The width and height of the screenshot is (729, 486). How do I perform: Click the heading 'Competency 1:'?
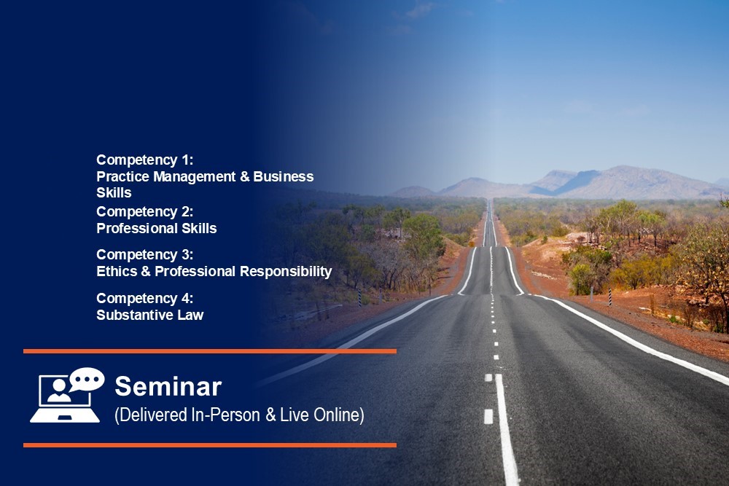144,160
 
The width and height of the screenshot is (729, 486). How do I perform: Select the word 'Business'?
283,176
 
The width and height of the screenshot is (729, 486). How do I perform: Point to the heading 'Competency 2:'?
144,212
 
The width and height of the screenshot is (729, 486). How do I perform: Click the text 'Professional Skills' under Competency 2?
156,228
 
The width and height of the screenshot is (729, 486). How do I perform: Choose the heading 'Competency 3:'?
144,255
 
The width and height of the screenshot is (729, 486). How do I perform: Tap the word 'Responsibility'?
286,272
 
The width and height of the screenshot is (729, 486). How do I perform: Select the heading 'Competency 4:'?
144,298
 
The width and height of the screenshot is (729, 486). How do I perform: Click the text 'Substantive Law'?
149,315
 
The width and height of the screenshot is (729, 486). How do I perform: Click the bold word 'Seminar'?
168,387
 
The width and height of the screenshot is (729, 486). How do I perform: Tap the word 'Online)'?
339,415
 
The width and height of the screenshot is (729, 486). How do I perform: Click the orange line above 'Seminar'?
210,351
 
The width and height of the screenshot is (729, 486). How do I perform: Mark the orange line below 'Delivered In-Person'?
210,445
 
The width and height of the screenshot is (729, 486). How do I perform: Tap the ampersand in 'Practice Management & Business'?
244,177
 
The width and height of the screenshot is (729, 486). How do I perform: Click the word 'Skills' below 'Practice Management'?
114,193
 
